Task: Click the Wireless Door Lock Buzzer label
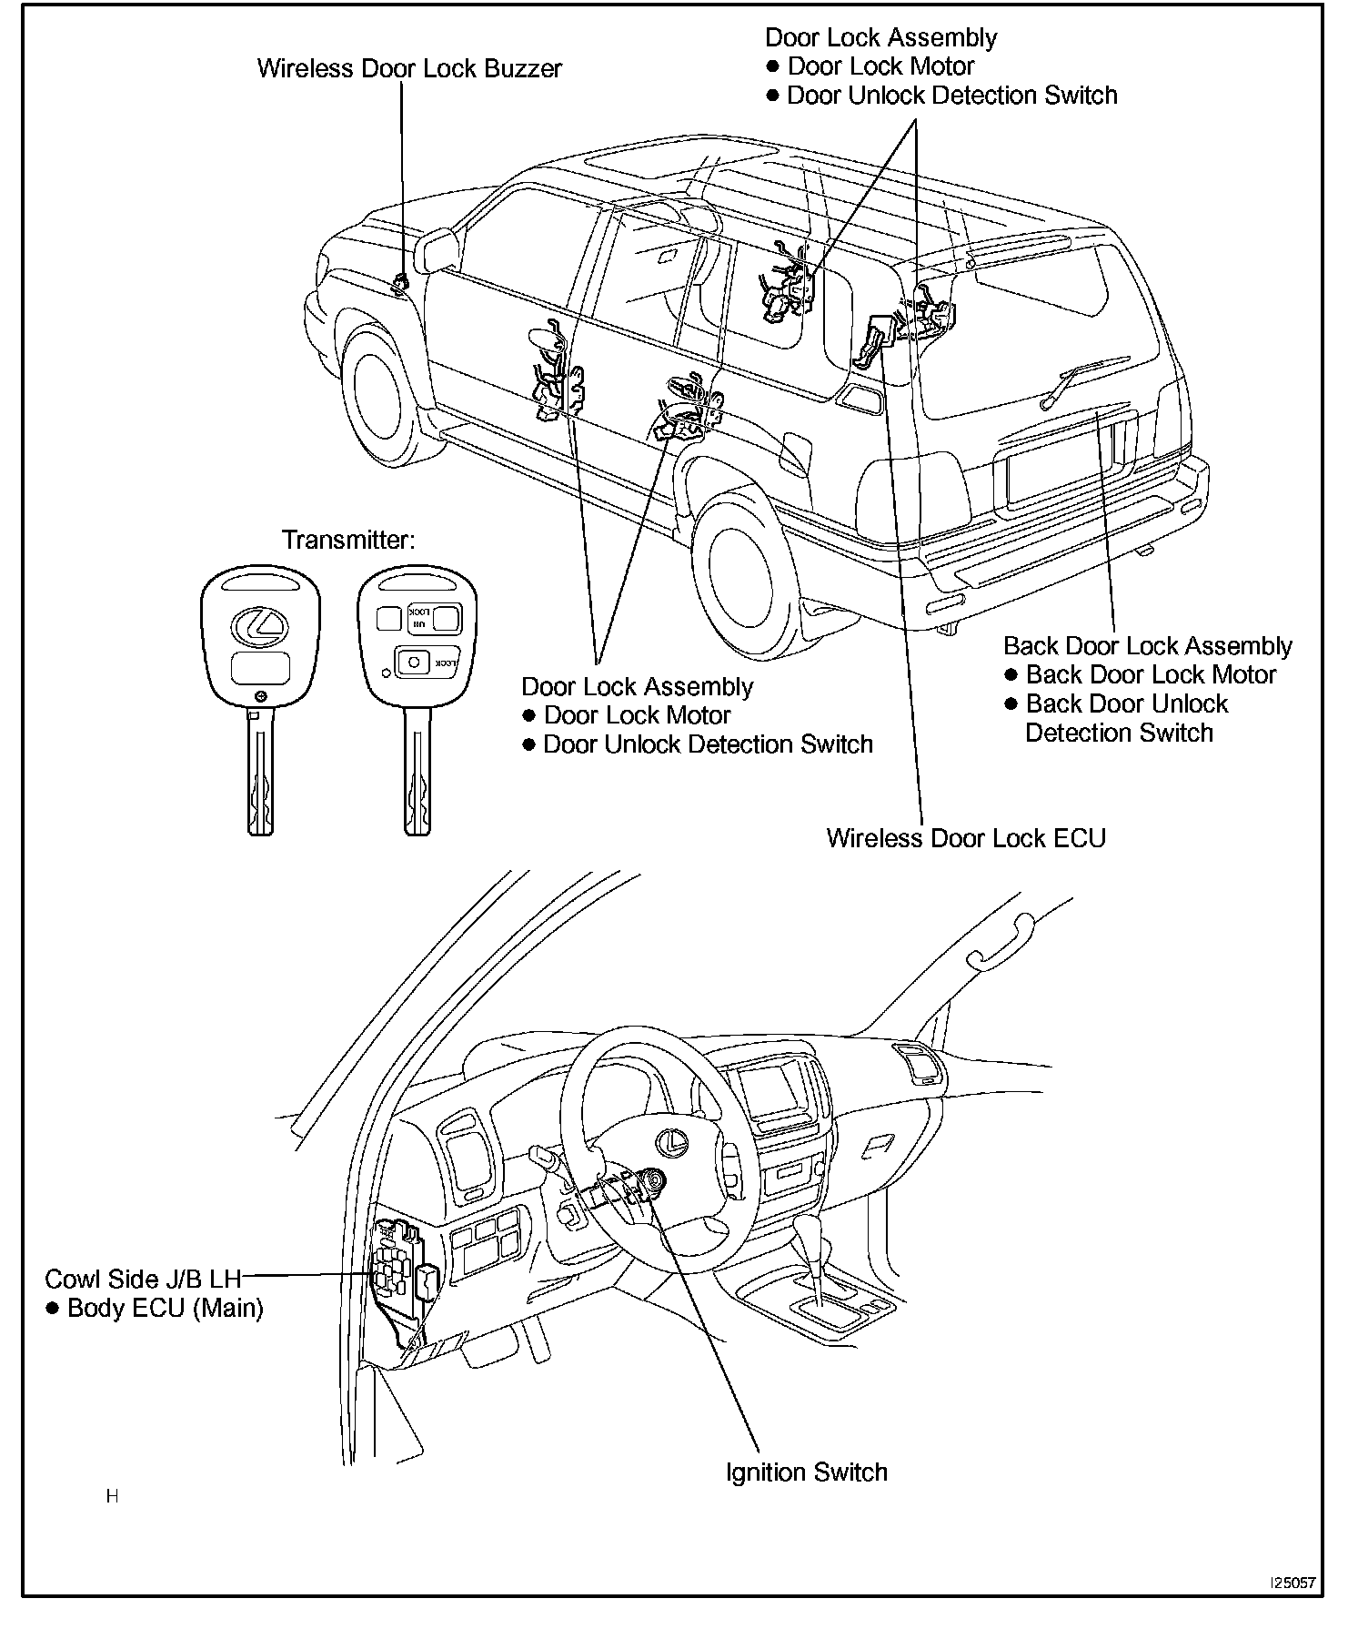click(x=409, y=69)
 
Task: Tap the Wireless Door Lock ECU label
click(x=965, y=838)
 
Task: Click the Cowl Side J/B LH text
click(x=143, y=1279)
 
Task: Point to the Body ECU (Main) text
click(x=165, y=1309)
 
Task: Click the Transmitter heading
click(x=348, y=540)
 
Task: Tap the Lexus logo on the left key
click(x=259, y=623)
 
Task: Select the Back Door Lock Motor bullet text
click(x=1151, y=675)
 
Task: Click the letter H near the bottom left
click(x=112, y=1496)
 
